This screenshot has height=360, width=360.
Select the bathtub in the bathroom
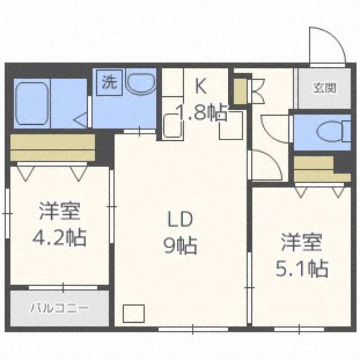31,104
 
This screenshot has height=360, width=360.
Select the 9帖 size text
180,245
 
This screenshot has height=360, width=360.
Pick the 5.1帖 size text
301,269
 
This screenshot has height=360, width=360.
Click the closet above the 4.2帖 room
53,147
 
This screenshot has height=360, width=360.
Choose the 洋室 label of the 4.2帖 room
59,212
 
